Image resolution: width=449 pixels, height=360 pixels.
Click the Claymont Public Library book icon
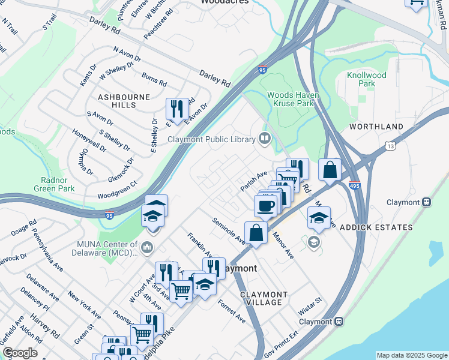click(x=264, y=139)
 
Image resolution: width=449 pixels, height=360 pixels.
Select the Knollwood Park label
click(x=366, y=79)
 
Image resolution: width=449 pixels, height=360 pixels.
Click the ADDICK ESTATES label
click(x=376, y=227)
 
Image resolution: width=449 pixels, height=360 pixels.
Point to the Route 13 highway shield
click(x=390, y=145)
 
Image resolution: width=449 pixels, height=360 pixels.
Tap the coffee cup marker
click(x=265, y=206)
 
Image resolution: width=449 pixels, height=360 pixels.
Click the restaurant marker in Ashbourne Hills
click(x=177, y=109)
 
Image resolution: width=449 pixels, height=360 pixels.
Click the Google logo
click(x=20, y=353)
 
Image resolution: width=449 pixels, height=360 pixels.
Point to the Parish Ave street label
click(x=254, y=178)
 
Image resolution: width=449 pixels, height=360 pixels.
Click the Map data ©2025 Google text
click(x=411, y=355)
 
